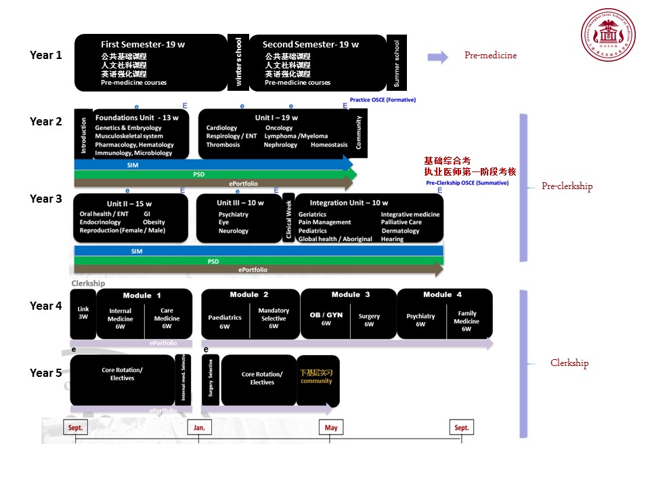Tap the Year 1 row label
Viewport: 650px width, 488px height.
pyautogui.click(x=46, y=56)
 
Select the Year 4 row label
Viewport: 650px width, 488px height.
pyautogui.click(x=46, y=306)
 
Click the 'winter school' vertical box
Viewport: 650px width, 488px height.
pyautogui.click(x=238, y=62)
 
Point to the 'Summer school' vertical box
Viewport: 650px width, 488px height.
pyautogui.click(x=397, y=62)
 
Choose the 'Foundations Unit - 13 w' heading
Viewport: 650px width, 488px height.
pyautogui.click(x=137, y=117)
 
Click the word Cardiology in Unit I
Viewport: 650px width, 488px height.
pyautogui.click(x=221, y=127)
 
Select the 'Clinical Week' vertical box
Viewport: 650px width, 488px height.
pyautogui.click(x=288, y=218)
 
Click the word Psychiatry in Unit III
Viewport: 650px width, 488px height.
pyautogui.click(x=233, y=214)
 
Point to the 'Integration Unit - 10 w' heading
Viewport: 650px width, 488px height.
pyautogui.click(x=349, y=203)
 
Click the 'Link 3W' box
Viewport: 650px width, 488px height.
pyautogui.click(x=83, y=312)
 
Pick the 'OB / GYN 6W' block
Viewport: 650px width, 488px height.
pyautogui.click(x=326, y=319)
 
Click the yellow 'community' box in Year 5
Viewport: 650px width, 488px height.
pyautogui.click(x=317, y=377)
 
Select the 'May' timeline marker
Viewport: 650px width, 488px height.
pyautogui.click(x=330, y=428)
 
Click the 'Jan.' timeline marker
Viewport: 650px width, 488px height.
pyautogui.click(x=199, y=428)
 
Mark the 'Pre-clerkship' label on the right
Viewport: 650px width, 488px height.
pyautogui.click(x=567, y=186)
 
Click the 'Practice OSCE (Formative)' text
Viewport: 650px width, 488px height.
pyautogui.click(x=383, y=100)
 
